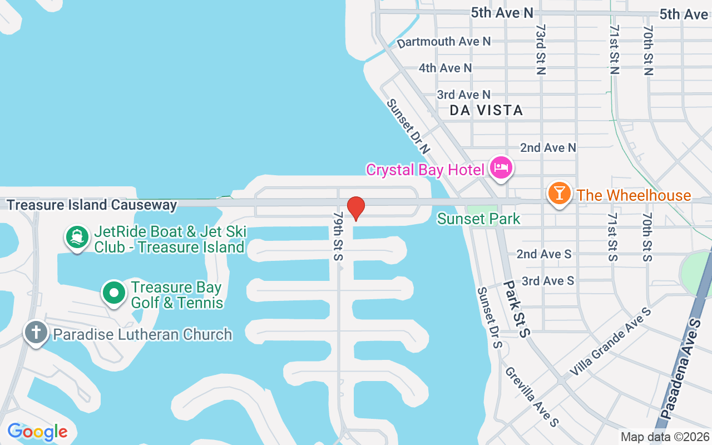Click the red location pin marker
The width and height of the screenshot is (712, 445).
[356, 208]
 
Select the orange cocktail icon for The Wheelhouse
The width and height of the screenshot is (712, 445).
[559, 193]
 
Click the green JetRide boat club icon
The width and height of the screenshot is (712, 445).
[77, 237]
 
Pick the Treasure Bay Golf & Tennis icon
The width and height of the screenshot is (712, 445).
[114, 293]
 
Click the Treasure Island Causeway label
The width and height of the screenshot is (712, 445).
[92, 205]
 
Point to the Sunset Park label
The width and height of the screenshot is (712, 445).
[478, 219]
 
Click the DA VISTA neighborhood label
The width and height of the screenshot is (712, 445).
[486, 110]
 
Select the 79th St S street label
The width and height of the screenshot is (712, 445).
[338, 236]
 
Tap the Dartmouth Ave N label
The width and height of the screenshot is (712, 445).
[444, 42]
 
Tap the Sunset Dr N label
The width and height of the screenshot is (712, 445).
[409, 126]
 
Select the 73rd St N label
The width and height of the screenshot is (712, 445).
[541, 49]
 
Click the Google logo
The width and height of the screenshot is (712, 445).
[37, 431]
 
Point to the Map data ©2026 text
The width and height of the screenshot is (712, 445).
[665, 437]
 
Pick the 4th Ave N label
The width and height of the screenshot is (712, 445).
[445, 68]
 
